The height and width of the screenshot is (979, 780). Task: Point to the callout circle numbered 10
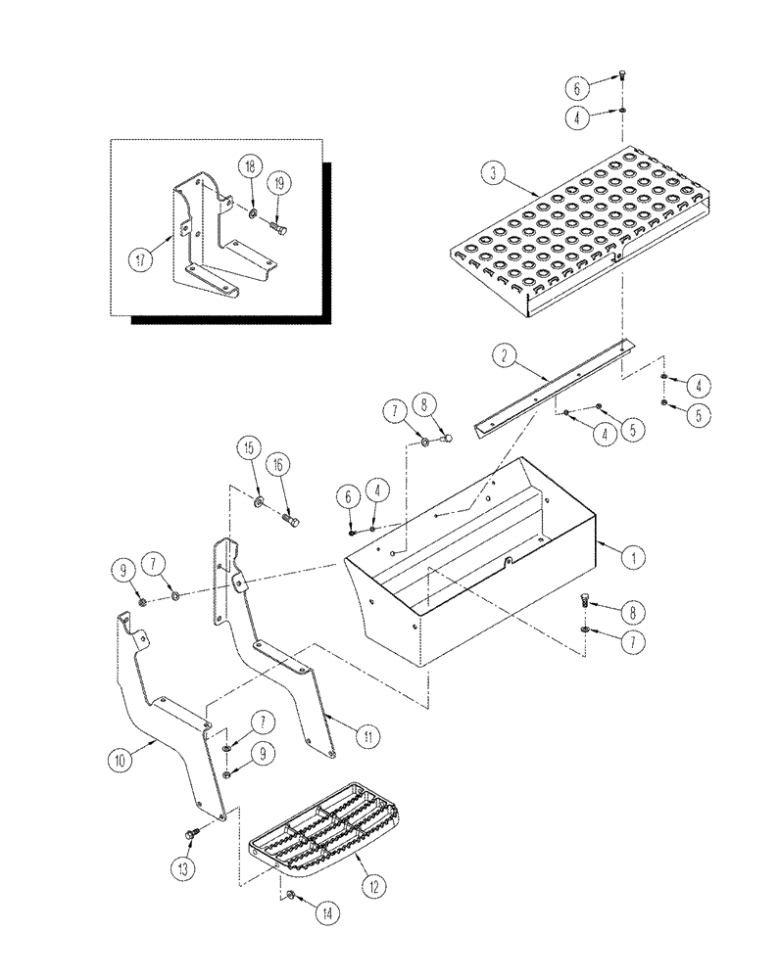120,758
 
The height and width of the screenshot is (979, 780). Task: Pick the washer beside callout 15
259,503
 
